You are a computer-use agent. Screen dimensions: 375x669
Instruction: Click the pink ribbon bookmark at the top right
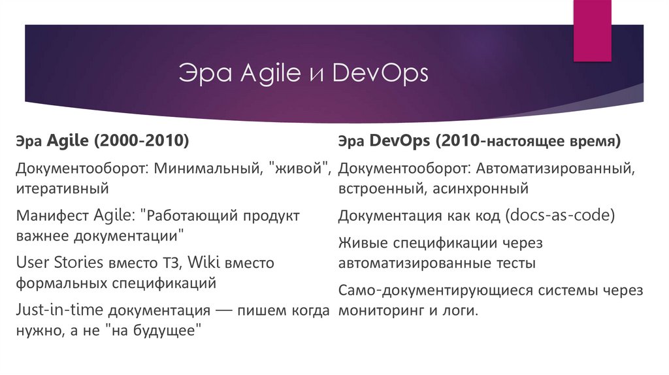(592, 29)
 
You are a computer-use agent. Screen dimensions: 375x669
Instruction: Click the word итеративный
(62, 189)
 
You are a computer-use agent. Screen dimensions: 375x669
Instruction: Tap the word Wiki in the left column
(206, 263)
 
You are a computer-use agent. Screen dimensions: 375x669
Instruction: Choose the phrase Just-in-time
(61, 310)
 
